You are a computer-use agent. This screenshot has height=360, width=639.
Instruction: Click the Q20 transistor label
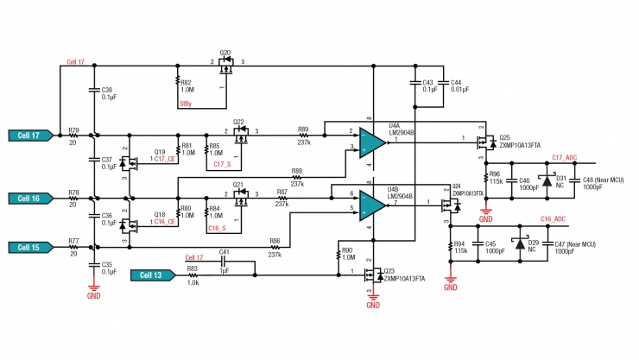pyautogui.click(x=225, y=53)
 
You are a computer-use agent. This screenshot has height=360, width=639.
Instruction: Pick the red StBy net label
pyautogui.click(x=185, y=104)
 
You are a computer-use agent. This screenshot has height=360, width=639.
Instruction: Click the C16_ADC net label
pyautogui.click(x=553, y=220)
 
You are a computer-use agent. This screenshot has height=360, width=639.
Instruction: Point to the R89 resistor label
pyautogui.click(x=303, y=128)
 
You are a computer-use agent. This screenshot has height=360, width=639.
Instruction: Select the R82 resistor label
pyautogui.click(x=187, y=82)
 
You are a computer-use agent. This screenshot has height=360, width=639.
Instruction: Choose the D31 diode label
pyautogui.click(x=559, y=178)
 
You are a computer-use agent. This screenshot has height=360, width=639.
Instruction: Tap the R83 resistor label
pyautogui.click(x=193, y=269)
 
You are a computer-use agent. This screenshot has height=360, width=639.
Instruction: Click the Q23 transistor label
pyautogui.click(x=389, y=270)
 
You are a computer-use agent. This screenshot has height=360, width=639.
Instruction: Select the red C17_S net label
pyautogui.click(x=219, y=163)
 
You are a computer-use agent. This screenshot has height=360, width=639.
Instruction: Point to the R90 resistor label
pyautogui.click(x=348, y=251)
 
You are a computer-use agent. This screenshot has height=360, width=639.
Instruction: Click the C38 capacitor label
pyautogui.click(x=107, y=90)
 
